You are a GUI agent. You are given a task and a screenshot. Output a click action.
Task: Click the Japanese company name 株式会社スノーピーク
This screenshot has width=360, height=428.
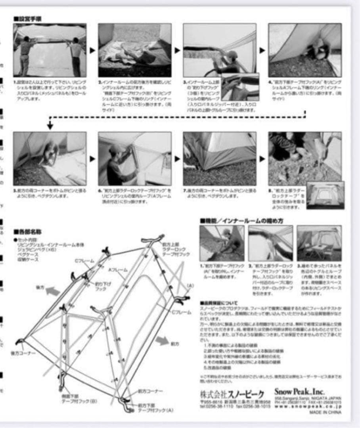(232, 394)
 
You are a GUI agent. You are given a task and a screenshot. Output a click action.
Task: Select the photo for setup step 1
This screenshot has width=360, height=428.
(50, 50)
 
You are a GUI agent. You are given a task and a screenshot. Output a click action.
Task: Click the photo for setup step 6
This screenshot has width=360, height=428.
(134, 159)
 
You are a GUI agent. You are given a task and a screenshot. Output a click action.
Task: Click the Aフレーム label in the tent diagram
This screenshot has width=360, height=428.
(118, 269)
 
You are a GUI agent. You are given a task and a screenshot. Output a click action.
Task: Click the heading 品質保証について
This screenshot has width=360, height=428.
(220, 303)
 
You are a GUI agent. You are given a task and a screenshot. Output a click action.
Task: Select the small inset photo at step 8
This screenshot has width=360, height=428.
(325, 195)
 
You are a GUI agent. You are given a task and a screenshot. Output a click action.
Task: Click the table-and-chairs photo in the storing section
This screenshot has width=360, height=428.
(319, 243)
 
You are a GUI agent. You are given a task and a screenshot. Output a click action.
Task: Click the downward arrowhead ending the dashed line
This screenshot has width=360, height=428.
(50, 126)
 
